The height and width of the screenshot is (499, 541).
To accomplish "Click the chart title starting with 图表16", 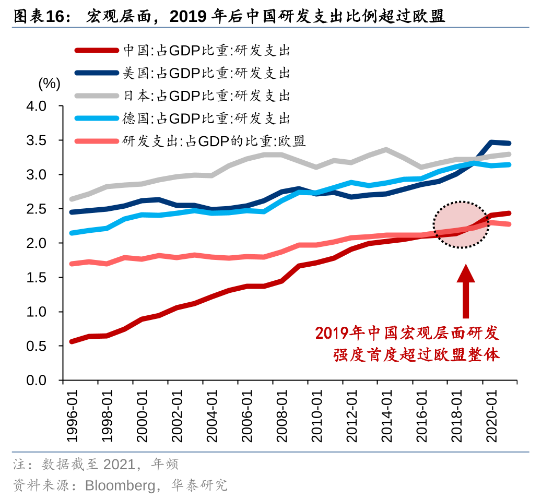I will point(229,16).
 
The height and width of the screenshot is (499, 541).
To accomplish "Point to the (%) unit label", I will point(49,83).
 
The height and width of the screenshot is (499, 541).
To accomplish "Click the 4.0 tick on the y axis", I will point(37,106).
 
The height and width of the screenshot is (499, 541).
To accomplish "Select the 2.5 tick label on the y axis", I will point(37,209).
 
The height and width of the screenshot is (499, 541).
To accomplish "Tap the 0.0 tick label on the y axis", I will point(37,381).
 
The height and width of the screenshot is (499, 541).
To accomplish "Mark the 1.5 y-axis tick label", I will point(37,278).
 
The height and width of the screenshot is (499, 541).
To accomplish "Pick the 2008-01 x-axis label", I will point(282,415).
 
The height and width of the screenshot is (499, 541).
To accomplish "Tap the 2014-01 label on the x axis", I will point(387,415).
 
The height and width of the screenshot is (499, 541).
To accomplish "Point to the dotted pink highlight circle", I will point(461,224).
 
